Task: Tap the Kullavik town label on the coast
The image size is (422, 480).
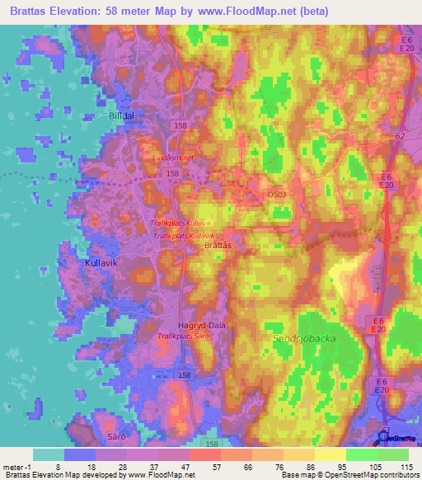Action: point(103,263)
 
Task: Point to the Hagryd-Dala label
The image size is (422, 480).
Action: point(202,326)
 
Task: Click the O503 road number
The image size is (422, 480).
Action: point(277,194)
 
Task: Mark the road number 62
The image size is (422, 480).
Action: point(401,135)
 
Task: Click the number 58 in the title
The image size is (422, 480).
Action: point(144,12)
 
